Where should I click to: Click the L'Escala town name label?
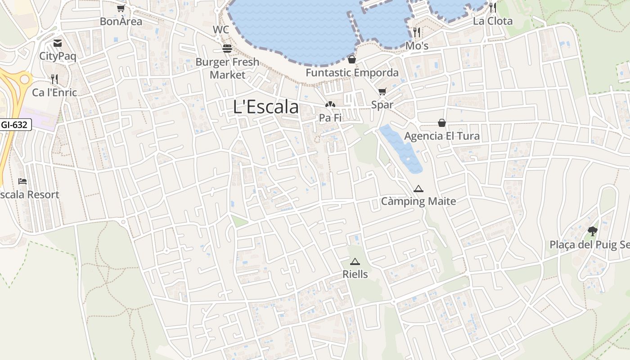click(x=266, y=107)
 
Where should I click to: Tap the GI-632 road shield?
click(x=15, y=125)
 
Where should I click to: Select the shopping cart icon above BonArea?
click(x=121, y=8)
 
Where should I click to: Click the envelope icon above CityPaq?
click(x=58, y=43)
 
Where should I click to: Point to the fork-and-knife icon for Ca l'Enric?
click(x=54, y=79)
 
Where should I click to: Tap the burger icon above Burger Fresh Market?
click(x=227, y=49)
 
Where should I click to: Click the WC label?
click(x=221, y=30)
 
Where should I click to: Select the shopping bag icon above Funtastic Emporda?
click(x=352, y=59)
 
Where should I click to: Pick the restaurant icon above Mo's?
click(x=417, y=32)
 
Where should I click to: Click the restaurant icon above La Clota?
click(x=493, y=8)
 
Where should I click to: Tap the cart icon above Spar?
click(x=382, y=92)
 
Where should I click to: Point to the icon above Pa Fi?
click(x=330, y=105)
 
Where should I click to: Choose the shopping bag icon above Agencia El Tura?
click(x=442, y=123)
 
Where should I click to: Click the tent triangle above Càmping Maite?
click(x=418, y=189)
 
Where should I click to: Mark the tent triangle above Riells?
click(x=355, y=261)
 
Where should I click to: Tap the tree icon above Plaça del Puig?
click(x=593, y=231)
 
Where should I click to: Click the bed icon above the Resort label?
click(x=22, y=181)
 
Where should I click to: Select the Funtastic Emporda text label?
click(x=352, y=72)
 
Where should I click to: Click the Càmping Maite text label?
click(x=418, y=201)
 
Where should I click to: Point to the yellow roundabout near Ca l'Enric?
click(x=25, y=80)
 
